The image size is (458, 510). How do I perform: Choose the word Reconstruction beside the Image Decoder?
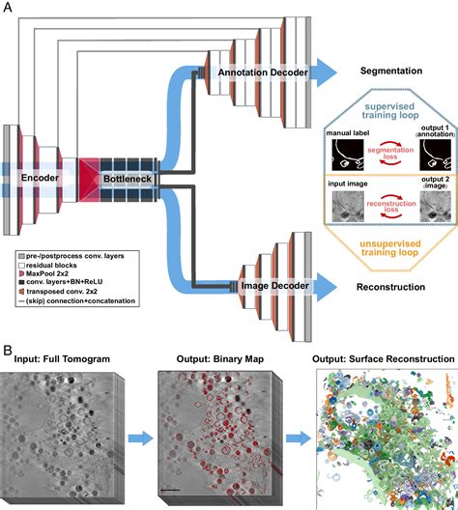pos(393,286)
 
